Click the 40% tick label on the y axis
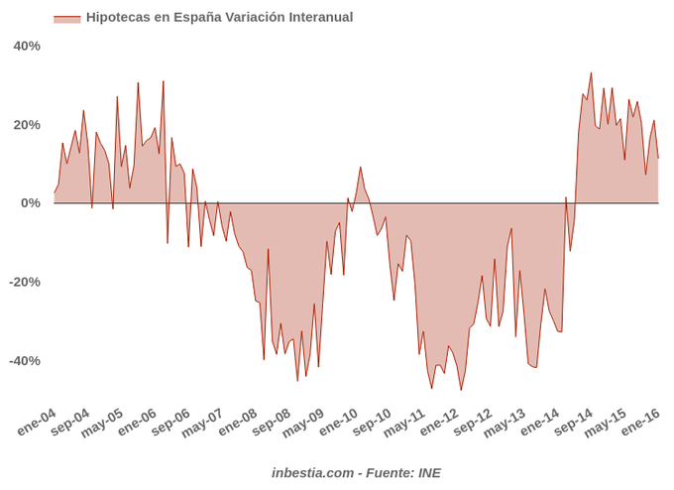pos(26,46)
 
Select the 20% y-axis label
pos(26,124)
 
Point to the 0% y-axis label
pos(30,203)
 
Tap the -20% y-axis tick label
pos(24,282)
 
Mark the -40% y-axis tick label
pos(24,360)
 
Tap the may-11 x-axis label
pos(404,425)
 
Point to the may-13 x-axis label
pos(505,425)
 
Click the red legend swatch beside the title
pos(66,18)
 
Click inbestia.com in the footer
pos(312,472)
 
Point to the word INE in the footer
pos(429,472)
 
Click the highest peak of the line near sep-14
pos(591,72)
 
